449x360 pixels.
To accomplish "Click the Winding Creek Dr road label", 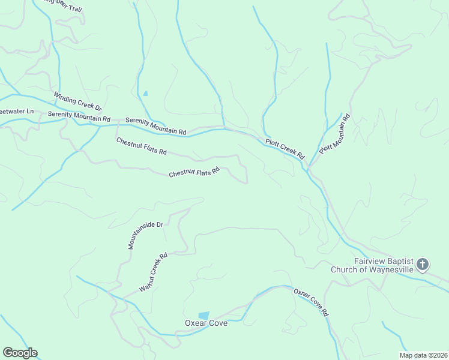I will pos(77,101).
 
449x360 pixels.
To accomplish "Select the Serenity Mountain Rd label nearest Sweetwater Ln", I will pos(79,116).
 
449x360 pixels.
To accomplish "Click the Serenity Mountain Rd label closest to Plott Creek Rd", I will pos(156,126).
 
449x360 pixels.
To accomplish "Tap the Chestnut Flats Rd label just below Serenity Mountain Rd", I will pos(141,146).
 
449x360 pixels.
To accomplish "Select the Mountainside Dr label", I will pos(146,235).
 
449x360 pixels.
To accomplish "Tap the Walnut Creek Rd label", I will pos(153,272).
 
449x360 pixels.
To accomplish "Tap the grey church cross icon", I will pos(423,264).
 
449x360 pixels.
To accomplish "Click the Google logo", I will pos(20,353).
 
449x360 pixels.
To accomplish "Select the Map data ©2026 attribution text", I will pos(423,355).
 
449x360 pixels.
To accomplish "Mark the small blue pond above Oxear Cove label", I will pos(204,315).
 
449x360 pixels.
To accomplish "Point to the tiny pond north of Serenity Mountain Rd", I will pos(145,93).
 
